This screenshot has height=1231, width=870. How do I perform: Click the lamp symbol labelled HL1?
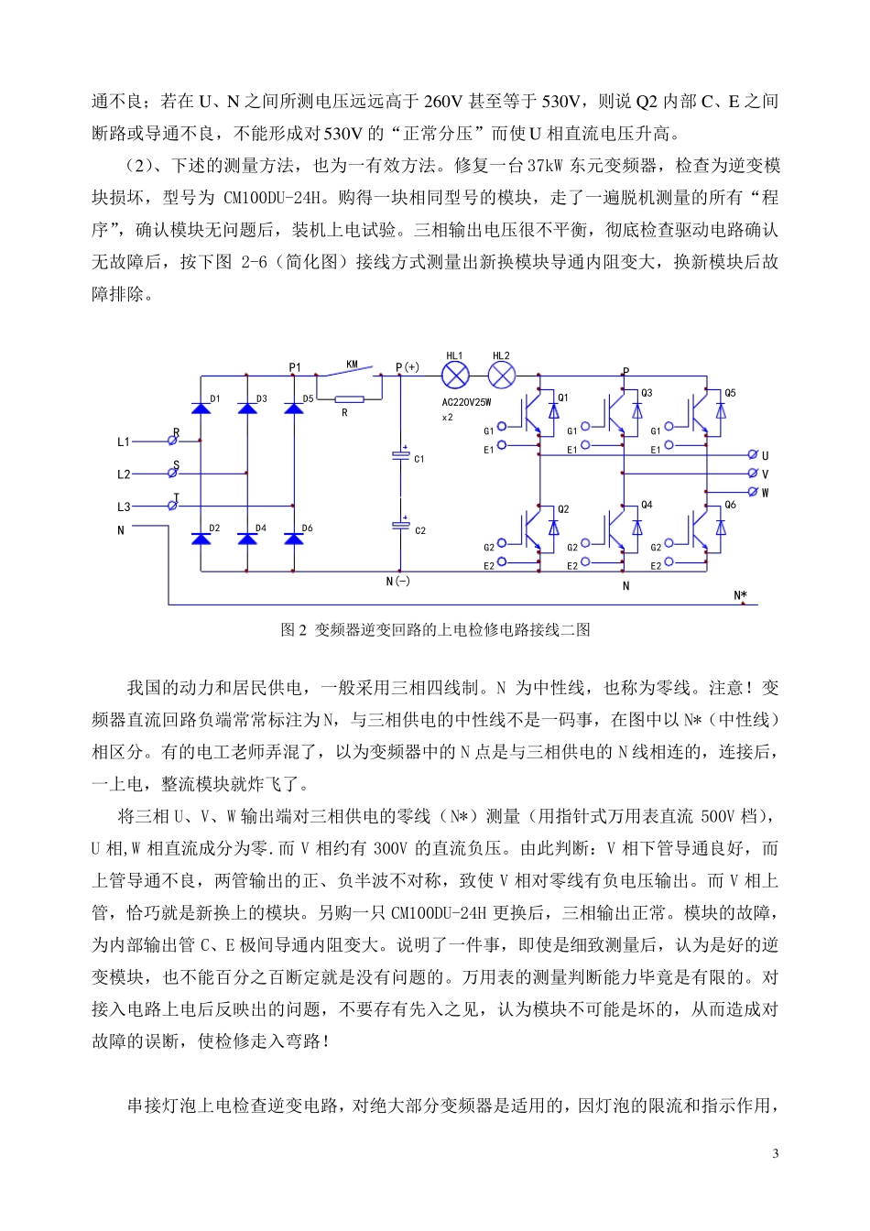tap(455, 375)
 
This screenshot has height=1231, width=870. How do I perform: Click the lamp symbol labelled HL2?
tap(501, 375)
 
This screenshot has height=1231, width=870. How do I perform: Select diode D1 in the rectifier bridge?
tap(201, 408)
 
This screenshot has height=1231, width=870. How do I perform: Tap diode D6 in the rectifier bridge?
tap(294, 538)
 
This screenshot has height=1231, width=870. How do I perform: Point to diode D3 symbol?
tap(247, 408)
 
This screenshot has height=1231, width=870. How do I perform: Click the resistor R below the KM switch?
tap(348, 398)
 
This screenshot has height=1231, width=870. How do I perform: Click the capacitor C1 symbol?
tap(400, 455)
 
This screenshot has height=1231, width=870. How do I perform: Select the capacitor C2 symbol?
tap(400, 526)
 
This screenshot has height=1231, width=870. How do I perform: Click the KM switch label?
tap(352, 365)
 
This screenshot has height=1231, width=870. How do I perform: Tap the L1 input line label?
tap(124, 441)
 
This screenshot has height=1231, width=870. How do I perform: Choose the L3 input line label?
tap(124, 507)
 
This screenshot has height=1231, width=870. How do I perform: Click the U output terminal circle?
tap(753, 455)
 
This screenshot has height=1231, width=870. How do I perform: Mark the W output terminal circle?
tap(753, 492)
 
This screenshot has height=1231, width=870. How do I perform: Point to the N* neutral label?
tap(740, 595)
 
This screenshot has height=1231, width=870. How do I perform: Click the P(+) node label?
tap(408, 367)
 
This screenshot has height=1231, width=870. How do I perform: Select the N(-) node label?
tap(398, 581)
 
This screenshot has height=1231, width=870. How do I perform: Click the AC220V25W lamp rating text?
tap(467, 402)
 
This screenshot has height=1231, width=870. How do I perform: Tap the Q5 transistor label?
tap(730, 394)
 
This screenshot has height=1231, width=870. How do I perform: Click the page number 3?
tap(776, 1153)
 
